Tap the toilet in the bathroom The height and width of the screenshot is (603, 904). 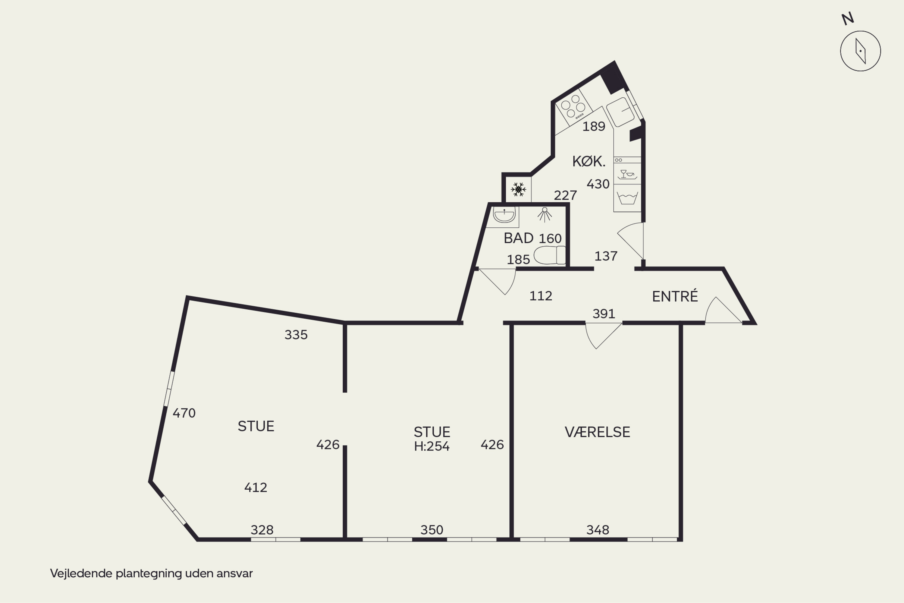pos(550,255)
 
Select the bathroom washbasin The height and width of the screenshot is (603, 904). pos(504,215)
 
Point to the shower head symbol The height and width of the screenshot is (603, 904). pos(545,215)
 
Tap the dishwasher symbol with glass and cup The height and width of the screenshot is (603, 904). pos(627,174)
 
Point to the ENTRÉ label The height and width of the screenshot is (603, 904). pos(675,296)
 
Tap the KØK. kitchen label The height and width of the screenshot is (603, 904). pos(589,161)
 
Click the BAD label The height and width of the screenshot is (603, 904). pos(519,238)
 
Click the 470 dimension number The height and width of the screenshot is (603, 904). pos(184,413)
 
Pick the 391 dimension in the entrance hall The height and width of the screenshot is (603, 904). pos(604,314)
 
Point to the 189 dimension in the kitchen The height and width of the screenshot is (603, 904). pos(594,126)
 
